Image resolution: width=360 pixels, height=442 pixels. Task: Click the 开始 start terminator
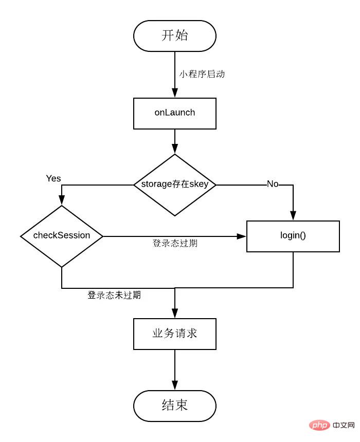175,35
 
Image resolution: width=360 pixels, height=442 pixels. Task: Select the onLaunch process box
175,113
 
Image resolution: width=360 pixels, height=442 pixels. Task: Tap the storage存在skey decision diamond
175,185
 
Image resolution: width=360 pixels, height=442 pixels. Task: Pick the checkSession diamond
62,236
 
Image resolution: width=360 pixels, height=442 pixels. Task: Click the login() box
293,236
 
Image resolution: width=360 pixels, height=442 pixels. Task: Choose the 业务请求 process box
175,334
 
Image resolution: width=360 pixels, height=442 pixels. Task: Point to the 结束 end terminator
175,406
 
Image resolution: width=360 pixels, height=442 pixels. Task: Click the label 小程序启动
202,74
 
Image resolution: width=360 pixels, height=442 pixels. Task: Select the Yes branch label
53,178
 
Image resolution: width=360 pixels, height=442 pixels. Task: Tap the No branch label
273,184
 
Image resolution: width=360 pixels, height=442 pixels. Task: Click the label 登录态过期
175,243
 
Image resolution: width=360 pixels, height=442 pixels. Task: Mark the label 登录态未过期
114,296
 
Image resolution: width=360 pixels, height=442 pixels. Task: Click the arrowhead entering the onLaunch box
175,93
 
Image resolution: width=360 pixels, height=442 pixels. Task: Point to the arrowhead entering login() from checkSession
242,236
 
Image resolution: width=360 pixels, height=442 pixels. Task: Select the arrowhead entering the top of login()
293,216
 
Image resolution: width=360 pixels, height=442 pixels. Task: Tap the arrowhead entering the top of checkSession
62,201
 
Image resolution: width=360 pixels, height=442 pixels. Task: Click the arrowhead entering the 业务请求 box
175,314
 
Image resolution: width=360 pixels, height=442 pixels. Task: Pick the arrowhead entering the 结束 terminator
175,385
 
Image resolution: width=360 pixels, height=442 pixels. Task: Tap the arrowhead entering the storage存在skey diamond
175,150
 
